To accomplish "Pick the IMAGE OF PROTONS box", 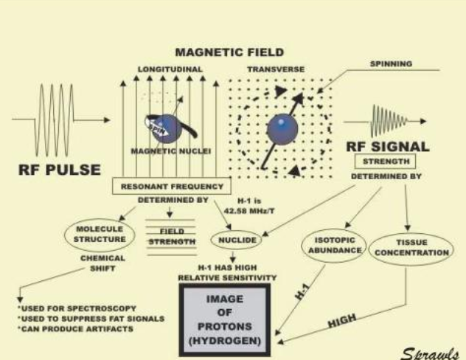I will [226, 313].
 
